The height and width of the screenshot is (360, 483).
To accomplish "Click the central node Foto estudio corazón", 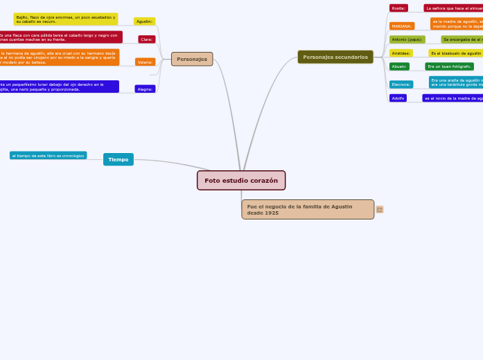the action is click(240, 181).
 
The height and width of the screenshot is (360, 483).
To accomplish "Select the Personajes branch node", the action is click(192, 60).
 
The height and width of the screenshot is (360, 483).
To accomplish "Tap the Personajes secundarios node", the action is click(335, 57).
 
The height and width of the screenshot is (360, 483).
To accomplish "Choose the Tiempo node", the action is click(118, 159).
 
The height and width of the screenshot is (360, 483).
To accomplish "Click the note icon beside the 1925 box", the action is click(380, 209).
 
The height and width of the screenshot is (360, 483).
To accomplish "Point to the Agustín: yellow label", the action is click(144, 21).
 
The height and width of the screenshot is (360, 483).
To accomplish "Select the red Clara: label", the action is click(146, 39).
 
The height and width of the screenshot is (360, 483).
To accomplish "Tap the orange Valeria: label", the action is click(145, 62).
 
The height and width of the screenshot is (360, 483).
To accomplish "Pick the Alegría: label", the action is click(145, 89).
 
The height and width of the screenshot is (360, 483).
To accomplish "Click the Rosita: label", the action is click(398, 8).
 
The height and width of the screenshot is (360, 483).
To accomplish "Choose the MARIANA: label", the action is click(402, 26).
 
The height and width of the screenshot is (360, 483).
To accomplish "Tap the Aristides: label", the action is click(401, 53).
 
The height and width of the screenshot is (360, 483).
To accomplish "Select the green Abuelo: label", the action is click(399, 66).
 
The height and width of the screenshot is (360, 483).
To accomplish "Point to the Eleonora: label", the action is click(401, 84).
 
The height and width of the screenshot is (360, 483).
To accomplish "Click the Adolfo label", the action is click(398, 98).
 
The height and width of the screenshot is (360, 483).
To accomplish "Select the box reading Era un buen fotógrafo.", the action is click(449, 66).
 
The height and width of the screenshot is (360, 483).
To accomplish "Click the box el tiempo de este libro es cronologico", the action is click(49, 156).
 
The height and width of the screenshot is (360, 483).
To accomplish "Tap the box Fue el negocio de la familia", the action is click(308, 209).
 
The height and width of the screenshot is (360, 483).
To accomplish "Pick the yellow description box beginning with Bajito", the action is click(66, 19).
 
